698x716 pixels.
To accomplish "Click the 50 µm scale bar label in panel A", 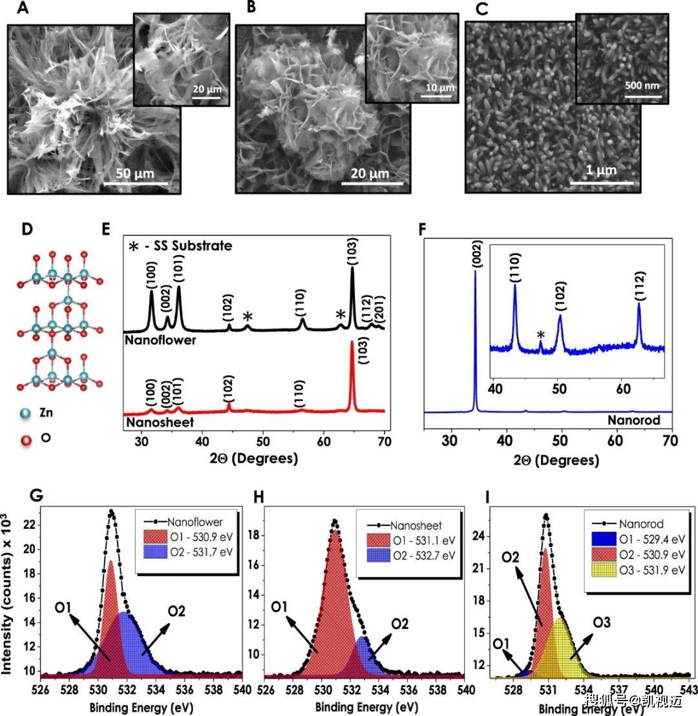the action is pyautogui.click(x=135, y=174).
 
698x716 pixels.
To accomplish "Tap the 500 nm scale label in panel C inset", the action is pyautogui.click(x=642, y=85).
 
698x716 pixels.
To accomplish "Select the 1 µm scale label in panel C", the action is pyautogui.click(x=602, y=170).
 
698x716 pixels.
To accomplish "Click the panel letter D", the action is pyautogui.click(x=27, y=229).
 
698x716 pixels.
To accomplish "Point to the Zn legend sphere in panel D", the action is pyautogui.click(x=26, y=413).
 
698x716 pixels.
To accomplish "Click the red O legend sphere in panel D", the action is pyautogui.click(x=26, y=439).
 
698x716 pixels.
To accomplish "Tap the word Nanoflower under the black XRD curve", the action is pyautogui.click(x=160, y=340).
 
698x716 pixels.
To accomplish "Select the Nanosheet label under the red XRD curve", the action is pyautogui.click(x=160, y=422).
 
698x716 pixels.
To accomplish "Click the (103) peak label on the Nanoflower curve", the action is pyautogui.click(x=352, y=251).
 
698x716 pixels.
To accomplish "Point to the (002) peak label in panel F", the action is pyautogui.click(x=477, y=254).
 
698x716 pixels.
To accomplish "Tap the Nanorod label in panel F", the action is pyautogui.click(x=634, y=420).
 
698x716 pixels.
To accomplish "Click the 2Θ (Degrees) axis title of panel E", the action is pyautogui.click(x=254, y=458).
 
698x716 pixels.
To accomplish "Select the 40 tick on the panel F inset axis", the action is pyautogui.click(x=495, y=389).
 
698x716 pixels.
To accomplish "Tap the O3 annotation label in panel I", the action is pyautogui.click(x=602, y=622).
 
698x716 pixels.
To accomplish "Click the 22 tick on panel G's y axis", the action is pyautogui.click(x=29, y=525).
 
